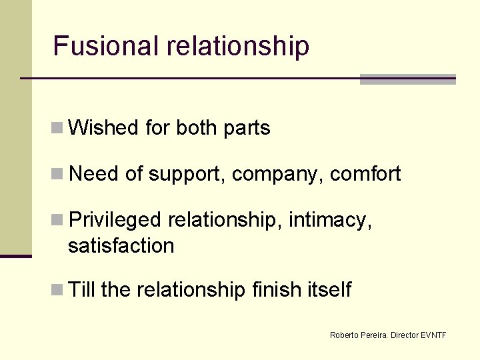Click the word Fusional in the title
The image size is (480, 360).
click(x=107, y=46)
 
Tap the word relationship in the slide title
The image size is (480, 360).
click(x=238, y=46)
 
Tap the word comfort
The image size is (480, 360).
click(x=365, y=174)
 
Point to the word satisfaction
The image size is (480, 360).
click(x=121, y=245)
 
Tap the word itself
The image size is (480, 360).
click(x=329, y=290)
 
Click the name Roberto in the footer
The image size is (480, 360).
click(x=344, y=335)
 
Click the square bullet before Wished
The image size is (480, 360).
click(x=58, y=127)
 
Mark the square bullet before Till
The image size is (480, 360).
click(x=58, y=290)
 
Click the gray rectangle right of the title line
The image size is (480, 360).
click(x=407, y=79)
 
